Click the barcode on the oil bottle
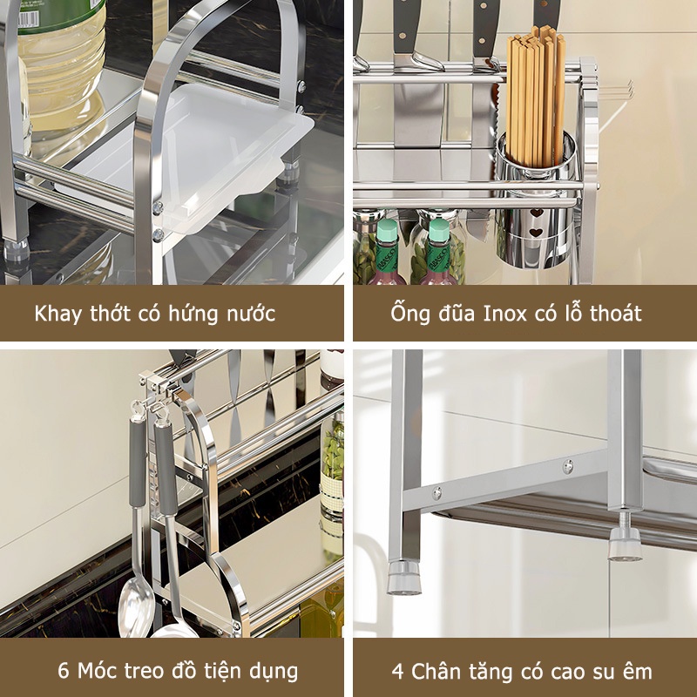click(28, 17)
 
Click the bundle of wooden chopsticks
click(536, 98)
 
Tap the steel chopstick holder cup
click(537, 200)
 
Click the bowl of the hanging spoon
click(136, 607)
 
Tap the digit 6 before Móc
click(64, 670)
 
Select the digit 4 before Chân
click(398, 671)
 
